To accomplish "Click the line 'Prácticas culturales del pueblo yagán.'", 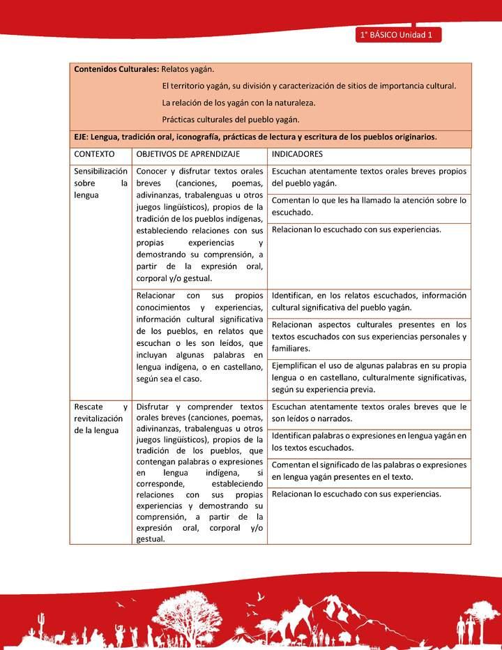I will pos(230,119).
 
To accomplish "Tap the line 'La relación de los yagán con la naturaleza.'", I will pos(238,103).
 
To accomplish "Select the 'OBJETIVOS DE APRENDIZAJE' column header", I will pos(188,154).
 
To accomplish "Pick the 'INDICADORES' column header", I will pos(297,154).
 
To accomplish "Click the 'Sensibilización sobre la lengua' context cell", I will pos(100,183).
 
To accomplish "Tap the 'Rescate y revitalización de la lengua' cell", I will pos(100,418).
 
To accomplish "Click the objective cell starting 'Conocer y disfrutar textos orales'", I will pos(199,224).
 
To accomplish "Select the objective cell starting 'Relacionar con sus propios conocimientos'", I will pos(199,337).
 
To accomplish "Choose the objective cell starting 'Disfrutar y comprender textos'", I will pos(199,472).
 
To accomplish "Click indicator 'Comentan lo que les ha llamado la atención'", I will pos(369,206).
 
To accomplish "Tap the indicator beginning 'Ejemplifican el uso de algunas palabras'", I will pos(369,377).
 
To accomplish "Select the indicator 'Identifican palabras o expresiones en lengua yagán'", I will pos(369,441).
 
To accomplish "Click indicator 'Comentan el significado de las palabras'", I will pos(369,471).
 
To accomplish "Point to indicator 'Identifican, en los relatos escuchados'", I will pos(369,301).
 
